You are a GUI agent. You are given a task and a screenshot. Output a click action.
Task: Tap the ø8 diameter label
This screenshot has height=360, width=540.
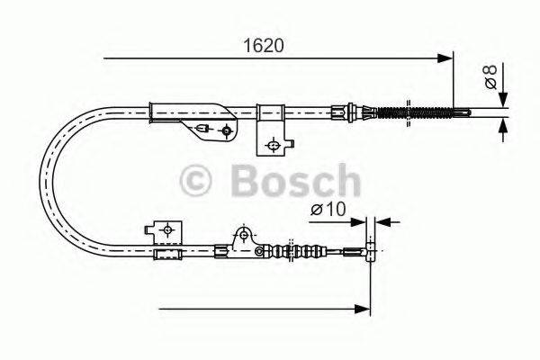click(491, 80)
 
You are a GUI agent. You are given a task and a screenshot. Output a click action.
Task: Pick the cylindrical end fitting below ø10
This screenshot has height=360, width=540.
click(368, 247)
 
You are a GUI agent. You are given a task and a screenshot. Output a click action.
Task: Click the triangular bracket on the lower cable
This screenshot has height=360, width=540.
click(241, 238)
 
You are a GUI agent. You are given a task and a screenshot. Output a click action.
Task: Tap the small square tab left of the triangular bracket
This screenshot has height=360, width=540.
click(166, 231)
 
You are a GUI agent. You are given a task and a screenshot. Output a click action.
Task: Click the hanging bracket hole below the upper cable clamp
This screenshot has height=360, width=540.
click(273, 142)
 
